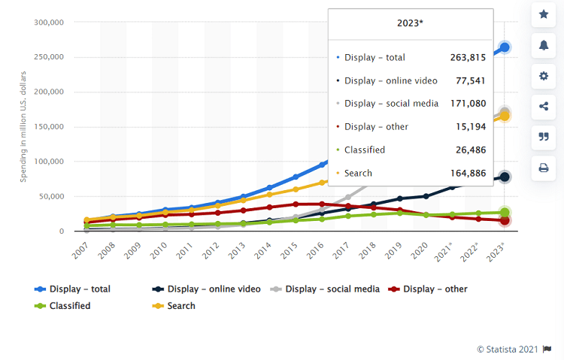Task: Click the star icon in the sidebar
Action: pyautogui.click(x=543, y=14)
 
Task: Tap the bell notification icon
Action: pyautogui.click(x=543, y=45)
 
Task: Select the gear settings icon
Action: pyautogui.click(x=543, y=76)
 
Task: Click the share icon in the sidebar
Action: pyautogui.click(x=543, y=106)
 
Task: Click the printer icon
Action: pyautogui.click(x=543, y=168)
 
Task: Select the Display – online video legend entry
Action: pyautogui.click(x=207, y=289)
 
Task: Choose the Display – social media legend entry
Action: pyautogui.click(x=327, y=289)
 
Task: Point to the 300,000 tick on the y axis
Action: pyautogui.click(x=48, y=23)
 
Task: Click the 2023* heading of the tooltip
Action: pyautogui.click(x=410, y=23)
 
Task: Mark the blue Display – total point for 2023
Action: pyautogui.click(x=505, y=47)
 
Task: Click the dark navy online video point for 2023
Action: pyautogui.click(x=505, y=177)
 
